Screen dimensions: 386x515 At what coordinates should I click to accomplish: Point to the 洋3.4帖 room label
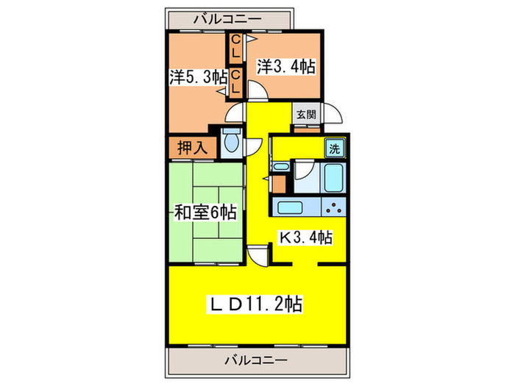pos(286,66)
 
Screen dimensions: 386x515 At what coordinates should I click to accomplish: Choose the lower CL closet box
pos(235,82)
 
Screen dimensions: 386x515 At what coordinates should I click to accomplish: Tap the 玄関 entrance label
pos(306,115)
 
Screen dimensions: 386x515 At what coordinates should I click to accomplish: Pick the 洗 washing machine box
pos(335,148)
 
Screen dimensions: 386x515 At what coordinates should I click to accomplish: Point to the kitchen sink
pos(289,207)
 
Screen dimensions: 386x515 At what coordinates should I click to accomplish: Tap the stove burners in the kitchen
pos(333,208)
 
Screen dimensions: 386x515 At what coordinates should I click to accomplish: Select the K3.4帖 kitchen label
pos(304,237)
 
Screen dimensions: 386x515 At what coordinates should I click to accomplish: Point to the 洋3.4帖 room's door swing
pos(257,91)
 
